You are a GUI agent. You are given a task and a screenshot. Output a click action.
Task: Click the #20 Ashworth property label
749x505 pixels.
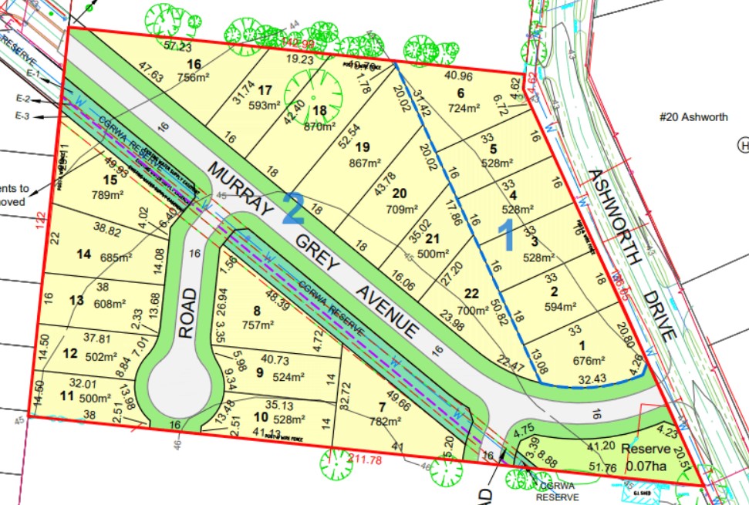[693, 117]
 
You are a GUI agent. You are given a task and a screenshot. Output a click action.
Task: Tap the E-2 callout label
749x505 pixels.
[42, 100]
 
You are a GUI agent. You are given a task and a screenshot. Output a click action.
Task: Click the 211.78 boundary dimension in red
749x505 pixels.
[366, 462]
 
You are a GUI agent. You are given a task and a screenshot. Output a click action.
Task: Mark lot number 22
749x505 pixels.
[471, 292]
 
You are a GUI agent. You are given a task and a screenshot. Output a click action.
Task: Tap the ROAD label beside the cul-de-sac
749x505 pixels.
[187, 312]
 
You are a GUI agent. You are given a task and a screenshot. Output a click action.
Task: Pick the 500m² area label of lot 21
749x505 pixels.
[433, 254]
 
